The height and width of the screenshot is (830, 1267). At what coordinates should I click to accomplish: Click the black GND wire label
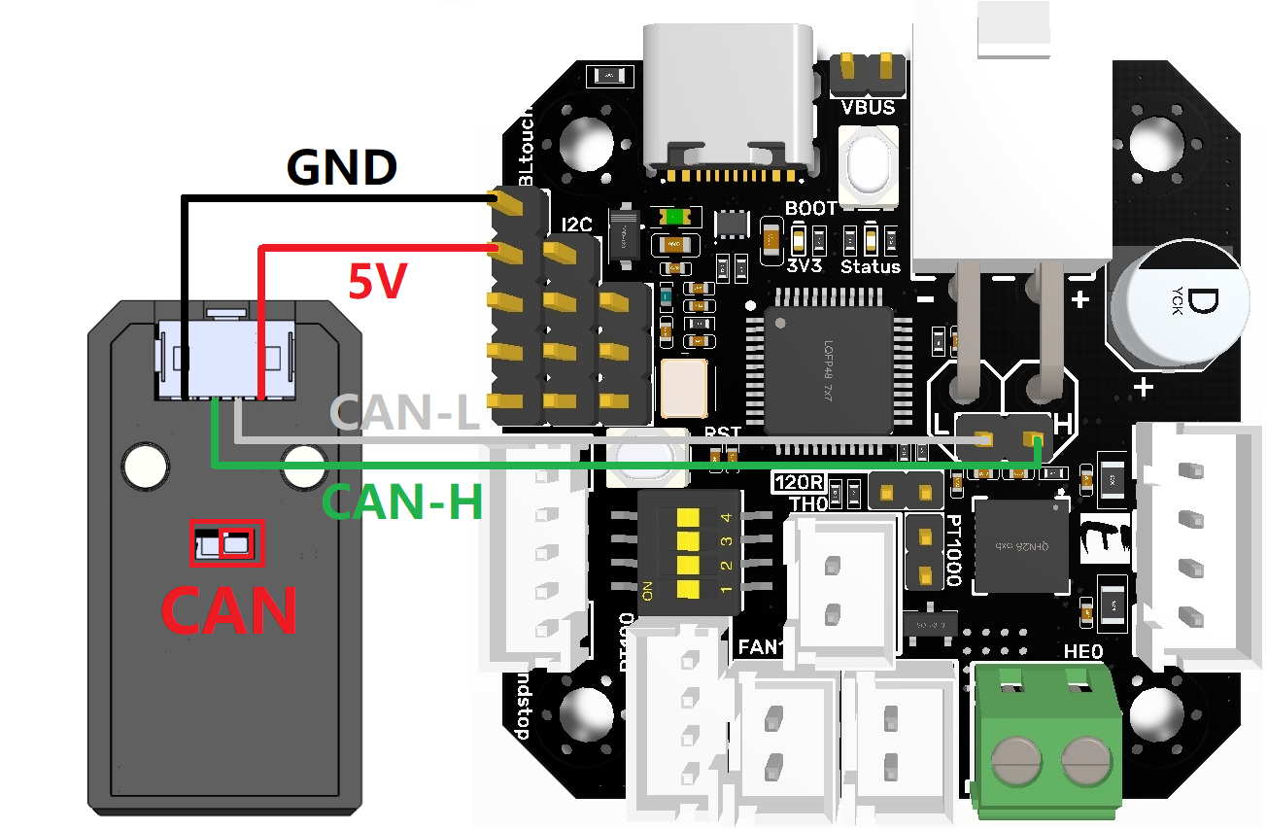click(342, 167)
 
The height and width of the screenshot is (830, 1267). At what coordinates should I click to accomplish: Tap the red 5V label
click(376, 282)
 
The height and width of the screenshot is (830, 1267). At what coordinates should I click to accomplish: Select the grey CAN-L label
click(406, 413)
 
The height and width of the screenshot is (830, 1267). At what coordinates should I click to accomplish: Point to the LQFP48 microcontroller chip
click(828, 369)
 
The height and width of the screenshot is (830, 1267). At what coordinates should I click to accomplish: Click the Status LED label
click(870, 266)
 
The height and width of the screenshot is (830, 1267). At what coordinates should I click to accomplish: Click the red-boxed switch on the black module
click(227, 542)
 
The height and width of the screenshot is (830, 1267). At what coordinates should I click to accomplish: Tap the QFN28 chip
click(1020, 544)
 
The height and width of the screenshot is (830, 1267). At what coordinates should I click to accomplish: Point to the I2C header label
click(576, 225)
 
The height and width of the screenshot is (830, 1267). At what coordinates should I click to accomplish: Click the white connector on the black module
click(225, 358)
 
